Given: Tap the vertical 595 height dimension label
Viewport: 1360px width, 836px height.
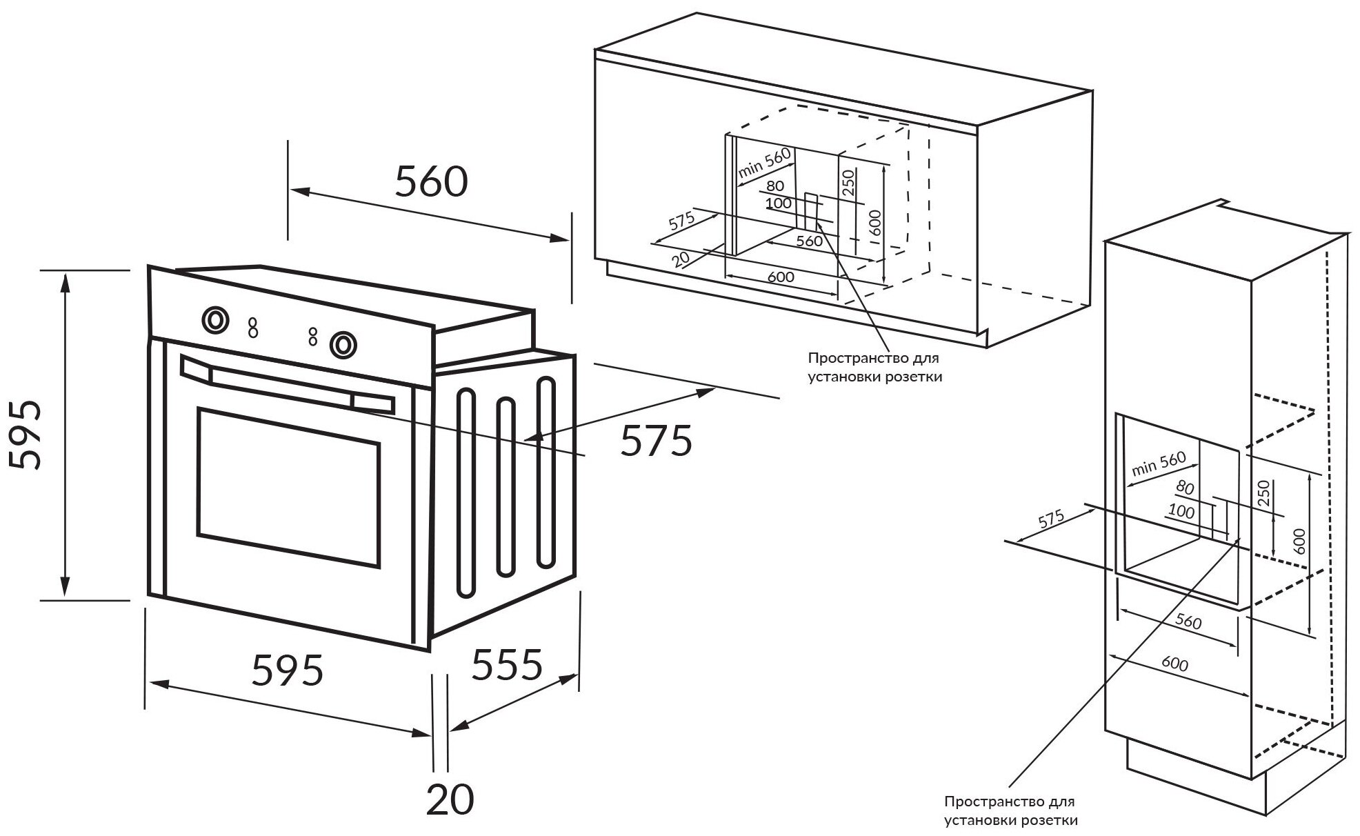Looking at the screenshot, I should click(28, 435).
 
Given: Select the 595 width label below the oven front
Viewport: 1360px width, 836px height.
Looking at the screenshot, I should click(288, 670).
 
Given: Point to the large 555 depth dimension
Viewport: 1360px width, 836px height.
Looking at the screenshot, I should click(507, 664).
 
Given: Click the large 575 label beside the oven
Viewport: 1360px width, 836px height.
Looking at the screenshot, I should click(656, 441).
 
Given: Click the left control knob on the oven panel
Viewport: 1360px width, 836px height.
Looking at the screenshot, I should click(215, 319).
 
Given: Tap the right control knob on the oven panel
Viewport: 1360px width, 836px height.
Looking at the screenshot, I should click(342, 344).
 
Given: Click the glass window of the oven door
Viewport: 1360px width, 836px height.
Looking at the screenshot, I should click(288, 487).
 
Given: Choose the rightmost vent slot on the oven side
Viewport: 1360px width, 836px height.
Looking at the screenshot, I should click(546, 472).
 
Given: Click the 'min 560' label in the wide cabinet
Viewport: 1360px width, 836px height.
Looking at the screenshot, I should click(763, 164).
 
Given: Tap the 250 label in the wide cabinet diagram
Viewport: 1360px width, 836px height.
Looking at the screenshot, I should click(849, 183).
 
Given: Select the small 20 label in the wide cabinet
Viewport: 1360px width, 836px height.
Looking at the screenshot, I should click(680, 259).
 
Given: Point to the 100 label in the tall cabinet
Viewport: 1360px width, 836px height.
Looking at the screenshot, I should click(1181, 511).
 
